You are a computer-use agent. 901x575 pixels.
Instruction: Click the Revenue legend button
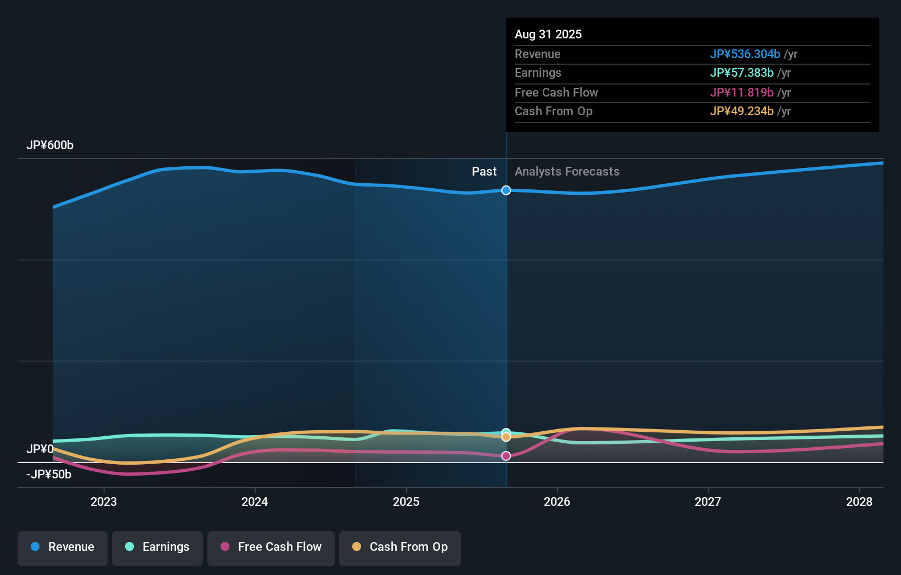click(63, 548)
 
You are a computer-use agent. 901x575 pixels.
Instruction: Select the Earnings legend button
click(157, 548)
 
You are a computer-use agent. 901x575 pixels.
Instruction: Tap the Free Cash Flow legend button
click(271, 548)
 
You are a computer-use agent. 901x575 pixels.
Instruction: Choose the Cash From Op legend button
click(400, 548)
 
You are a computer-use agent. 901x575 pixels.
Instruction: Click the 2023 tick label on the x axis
click(104, 501)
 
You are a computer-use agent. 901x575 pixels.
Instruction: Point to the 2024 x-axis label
click(255, 501)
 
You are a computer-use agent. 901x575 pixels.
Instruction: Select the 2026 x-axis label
click(557, 501)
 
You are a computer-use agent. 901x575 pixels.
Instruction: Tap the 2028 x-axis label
click(859, 501)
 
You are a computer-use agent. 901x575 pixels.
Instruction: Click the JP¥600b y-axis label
click(50, 145)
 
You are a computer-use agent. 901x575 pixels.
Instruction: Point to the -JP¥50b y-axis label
click(49, 475)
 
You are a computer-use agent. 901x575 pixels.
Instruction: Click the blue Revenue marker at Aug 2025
click(506, 190)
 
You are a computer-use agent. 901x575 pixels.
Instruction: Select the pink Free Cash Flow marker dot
click(506, 456)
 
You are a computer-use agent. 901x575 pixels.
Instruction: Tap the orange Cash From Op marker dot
click(506, 437)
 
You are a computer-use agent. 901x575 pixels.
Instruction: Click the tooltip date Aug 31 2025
click(548, 34)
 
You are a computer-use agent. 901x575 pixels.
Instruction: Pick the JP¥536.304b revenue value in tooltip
click(745, 54)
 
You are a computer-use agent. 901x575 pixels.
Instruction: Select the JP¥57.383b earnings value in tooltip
click(741, 73)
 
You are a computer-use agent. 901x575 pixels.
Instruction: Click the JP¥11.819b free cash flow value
click(741, 92)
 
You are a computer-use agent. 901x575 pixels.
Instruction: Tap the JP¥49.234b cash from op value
click(741, 111)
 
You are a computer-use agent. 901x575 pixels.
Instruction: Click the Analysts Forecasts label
click(567, 172)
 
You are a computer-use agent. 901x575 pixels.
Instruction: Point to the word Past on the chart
click(484, 172)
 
